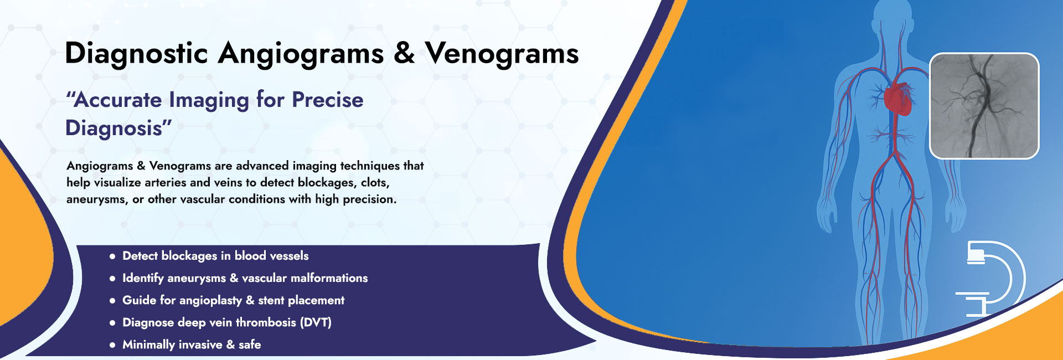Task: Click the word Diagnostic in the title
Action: (136, 54)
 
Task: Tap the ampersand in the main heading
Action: (404, 53)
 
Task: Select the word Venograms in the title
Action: (502, 54)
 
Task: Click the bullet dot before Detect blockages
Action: (112, 256)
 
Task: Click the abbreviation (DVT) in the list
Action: (316, 322)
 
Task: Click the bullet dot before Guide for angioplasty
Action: (112, 301)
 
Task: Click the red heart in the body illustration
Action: (897, 99)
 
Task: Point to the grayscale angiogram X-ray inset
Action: (984, 106)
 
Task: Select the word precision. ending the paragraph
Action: (370, 199)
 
